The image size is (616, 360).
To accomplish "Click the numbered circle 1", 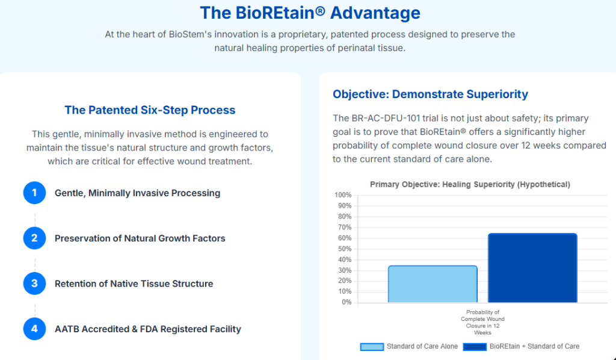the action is [x=34, y=193].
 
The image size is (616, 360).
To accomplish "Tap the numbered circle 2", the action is [x=34, y=238].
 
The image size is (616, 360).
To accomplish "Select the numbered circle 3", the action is [x=34, y=284].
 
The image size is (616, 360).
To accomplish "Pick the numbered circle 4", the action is [x=34, y=329].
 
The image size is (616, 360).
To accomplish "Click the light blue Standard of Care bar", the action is [x=433, y=284].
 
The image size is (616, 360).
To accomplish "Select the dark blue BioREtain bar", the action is [x=532, y=268].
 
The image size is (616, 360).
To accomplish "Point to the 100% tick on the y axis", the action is [x=343, y=195].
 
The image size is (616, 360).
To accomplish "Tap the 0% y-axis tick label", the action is [x=346, y=302].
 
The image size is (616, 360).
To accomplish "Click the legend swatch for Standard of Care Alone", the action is [x=372, y=347].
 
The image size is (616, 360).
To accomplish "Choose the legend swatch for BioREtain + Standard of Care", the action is [x=475, y=347].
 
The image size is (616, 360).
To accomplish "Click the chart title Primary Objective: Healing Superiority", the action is [x=470, y=184].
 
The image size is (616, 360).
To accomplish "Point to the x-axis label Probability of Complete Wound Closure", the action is [x=482, y=322].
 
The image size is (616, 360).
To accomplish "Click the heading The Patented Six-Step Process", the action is [x=150, y=110].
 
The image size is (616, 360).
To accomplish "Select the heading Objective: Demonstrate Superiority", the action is [x=430, y=95].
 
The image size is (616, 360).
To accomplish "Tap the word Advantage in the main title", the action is [x=375, y=13].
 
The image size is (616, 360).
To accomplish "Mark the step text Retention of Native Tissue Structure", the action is [x=134, y=284].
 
